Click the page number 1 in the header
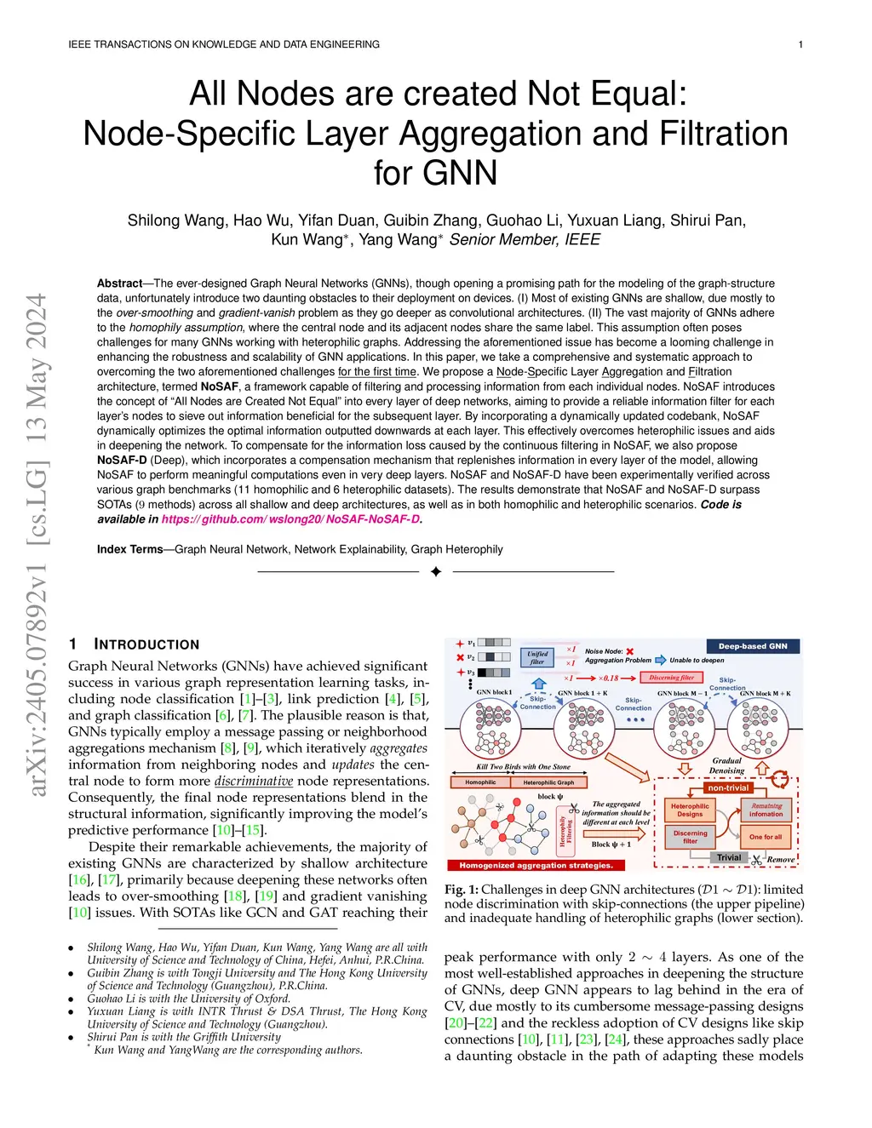(x=800, y=44)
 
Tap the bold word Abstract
(x=119, y=283)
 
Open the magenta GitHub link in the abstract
(x=290, y=519)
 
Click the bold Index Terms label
(x=129, y=549)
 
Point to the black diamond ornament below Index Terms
(x=436, y=571)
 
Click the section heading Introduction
(x=146, y=644)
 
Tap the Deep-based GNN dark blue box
(x=753, y=646)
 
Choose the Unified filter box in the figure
(x=537, y=657)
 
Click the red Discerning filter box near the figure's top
(x=671, y=678)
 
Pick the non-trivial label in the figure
(x=728, y=787)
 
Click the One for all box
(x=766, y=837)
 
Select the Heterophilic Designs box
(x=690, y=810)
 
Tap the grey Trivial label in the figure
(x=728, y=857)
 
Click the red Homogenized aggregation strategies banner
(x=536, y=865)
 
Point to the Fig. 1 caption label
(x=461, y=890)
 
